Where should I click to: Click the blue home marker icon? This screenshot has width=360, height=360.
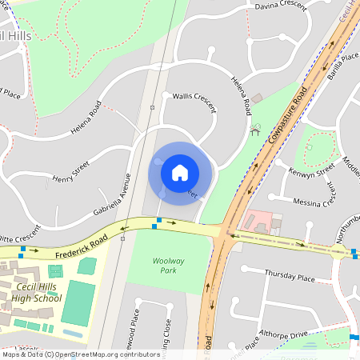[x=180, y=173]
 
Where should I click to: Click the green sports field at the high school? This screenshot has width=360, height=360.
[x=77, y=303]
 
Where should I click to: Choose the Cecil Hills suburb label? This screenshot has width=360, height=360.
[x=16, y=37]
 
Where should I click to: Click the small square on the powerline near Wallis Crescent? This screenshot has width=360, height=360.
[x=152, y=106]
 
